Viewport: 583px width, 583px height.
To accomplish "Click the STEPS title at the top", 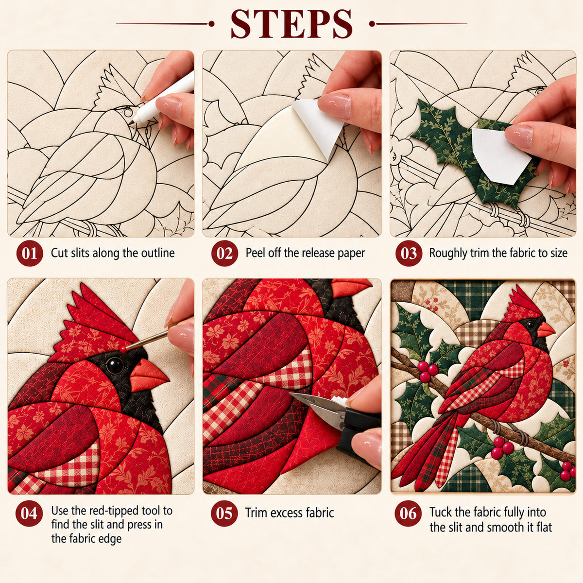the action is tap(291, 24).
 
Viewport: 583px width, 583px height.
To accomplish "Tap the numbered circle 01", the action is tap(30, 253).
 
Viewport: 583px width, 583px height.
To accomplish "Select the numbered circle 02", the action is tap(224, 253).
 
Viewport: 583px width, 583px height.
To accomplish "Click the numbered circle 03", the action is tap(409, 253).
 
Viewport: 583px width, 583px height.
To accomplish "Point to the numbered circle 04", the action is tap(29, 514).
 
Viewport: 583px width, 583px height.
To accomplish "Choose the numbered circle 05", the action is tap(224, 514).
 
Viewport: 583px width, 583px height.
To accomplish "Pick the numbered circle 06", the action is tap(408, 514).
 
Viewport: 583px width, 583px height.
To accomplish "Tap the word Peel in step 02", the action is tap(255, 253).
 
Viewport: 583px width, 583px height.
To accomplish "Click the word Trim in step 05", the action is tap(256, 513).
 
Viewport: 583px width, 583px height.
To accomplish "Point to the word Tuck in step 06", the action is tap(441, 512).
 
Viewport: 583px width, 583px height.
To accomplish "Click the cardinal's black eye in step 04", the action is tap(115, 365).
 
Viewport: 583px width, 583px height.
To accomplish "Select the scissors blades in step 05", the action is tap(318, 407).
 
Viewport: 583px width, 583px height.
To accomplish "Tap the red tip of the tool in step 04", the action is tap(123, 349).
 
